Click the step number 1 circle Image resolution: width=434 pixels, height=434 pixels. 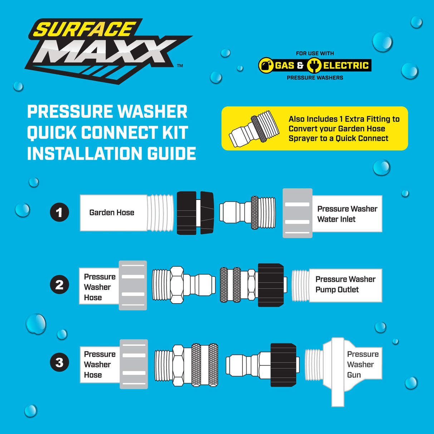[x=59, y=212]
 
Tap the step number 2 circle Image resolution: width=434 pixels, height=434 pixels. [x=59, y=285]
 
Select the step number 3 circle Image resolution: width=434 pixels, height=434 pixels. [x=59, y=363]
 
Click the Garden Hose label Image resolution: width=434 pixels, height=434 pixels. [x=112, y=213]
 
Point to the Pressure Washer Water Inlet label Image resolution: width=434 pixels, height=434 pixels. [x=347, y=214]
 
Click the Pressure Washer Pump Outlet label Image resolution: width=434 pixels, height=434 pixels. [x=345, y=285]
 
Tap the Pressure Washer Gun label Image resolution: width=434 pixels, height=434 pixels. [x=362, y=364]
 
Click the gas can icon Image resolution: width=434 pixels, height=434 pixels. [x=266, y=65]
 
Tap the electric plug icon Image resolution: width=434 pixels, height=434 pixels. [x=314, y=65]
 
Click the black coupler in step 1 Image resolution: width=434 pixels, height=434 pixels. [x=195, y=213]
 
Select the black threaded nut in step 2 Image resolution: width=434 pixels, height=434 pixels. [x=271, y=285]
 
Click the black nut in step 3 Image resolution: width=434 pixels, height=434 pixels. [x=283, y=365]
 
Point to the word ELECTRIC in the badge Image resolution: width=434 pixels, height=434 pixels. [x=346, y=65]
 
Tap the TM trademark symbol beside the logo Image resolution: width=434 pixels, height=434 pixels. [x=180, y=65]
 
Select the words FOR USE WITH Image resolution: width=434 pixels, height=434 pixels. [x=315, y=53]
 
